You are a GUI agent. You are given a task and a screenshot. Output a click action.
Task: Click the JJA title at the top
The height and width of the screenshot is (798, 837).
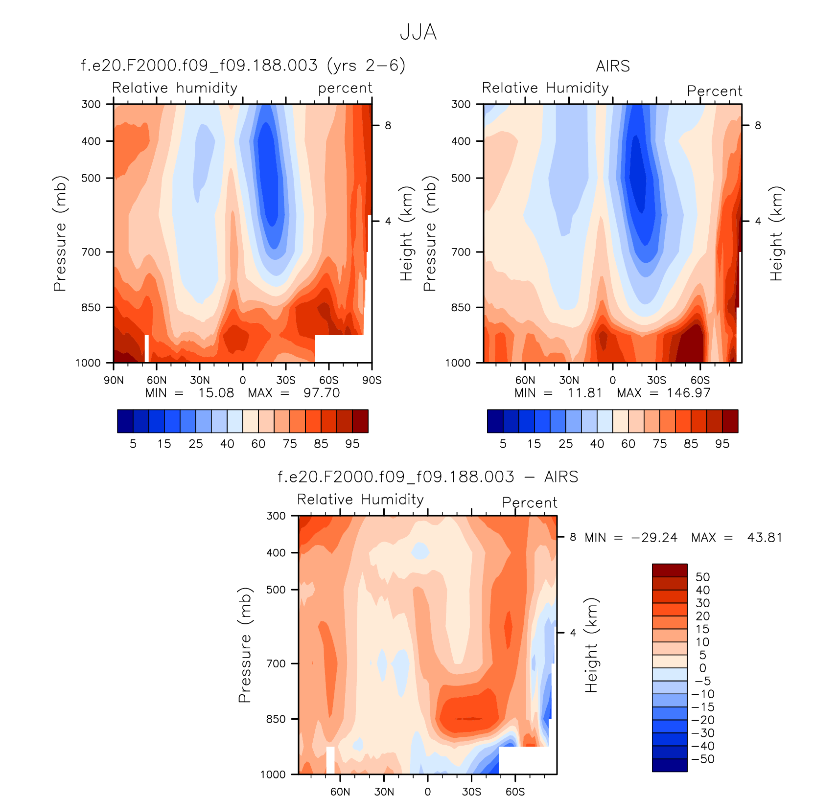pos(418,32)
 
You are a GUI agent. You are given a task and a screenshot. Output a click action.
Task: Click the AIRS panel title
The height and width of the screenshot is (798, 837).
pos(613,66)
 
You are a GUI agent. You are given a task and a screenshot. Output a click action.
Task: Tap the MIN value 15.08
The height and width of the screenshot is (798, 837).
pos(216,393)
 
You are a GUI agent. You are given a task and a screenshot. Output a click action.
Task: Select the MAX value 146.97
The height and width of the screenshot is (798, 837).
pos(688,393)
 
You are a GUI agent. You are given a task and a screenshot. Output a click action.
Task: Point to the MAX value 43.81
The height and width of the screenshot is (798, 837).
pos(765,538)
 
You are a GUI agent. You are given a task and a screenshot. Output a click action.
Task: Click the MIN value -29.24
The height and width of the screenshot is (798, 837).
pos(654,538)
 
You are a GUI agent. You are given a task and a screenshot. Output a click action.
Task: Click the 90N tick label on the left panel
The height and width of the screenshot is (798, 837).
pos(114,380)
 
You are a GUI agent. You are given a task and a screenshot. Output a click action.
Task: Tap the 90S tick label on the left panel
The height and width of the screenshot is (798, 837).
pos(372,380)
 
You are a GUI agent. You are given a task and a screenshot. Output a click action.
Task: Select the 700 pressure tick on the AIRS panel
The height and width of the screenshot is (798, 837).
pos(461,252)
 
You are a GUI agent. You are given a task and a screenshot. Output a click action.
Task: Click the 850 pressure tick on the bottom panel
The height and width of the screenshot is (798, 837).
pos(276,719)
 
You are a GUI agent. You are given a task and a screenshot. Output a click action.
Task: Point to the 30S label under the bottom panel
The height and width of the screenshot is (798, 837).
pos(471,792)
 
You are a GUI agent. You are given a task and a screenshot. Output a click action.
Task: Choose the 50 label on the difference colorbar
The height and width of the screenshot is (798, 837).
pos(702,577)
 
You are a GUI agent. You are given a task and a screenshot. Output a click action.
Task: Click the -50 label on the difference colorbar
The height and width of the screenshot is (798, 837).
pos(703,759)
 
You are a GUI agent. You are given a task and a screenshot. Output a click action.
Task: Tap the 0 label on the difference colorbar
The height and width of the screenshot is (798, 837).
pos(702,668)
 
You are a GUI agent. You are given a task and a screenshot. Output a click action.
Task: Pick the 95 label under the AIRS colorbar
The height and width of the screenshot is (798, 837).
pos(722,444)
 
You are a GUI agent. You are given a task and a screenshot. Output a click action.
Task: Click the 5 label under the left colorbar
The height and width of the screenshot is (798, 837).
pos(133,444)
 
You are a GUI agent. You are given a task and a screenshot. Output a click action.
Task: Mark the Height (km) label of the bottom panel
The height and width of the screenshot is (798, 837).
pos(592,645)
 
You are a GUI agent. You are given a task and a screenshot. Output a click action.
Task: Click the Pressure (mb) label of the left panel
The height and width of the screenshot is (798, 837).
pos(60,233)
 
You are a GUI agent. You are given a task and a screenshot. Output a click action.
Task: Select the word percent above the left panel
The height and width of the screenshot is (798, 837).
pos(345,88)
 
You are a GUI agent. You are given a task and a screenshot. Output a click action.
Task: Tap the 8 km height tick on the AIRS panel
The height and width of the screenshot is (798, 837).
pos(758,126)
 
